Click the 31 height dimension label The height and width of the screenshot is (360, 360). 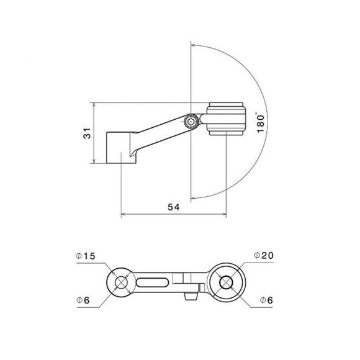coord(87,133)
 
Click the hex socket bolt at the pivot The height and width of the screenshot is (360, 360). coord(191,122)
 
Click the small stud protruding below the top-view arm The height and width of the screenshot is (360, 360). coord(189,299)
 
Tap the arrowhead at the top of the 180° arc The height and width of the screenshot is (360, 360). coord(194,45)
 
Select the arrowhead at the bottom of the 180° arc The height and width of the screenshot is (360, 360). coord(194,197)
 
